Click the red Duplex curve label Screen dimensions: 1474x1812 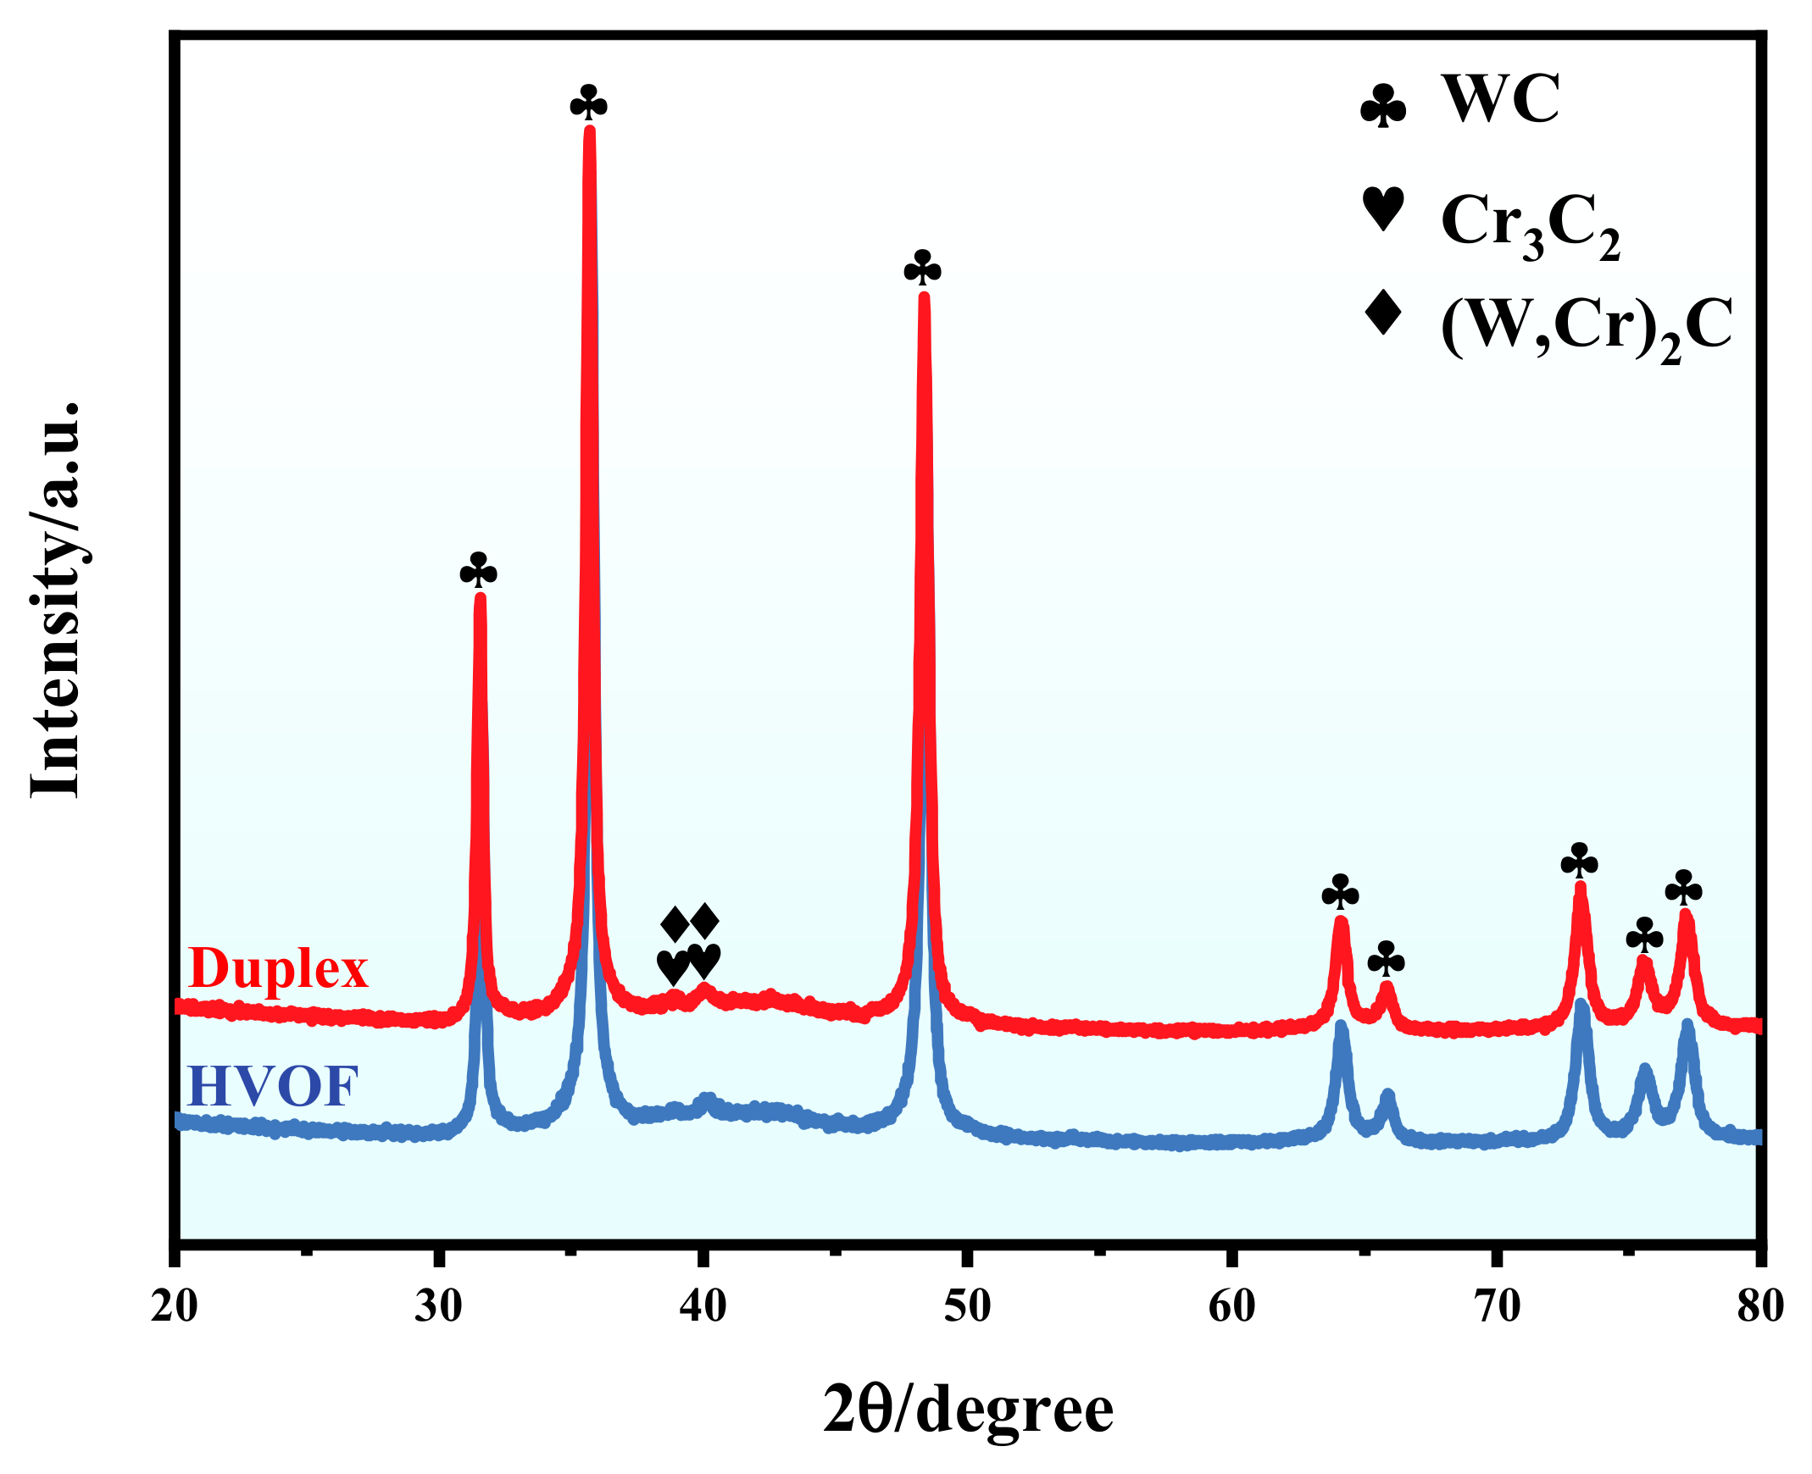point(278,969)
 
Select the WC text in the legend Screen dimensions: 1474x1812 point(1499,100)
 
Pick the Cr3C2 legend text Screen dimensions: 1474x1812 point(1530,224)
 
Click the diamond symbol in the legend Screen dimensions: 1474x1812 point(1382,313)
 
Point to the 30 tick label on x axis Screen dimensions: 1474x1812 point(438,1307)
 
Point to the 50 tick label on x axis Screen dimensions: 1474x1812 point(967,1307)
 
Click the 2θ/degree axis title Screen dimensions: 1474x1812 point(968,1410)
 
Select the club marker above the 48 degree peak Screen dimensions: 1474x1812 point(923,270)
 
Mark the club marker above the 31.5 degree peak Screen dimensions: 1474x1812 point(478,572)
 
